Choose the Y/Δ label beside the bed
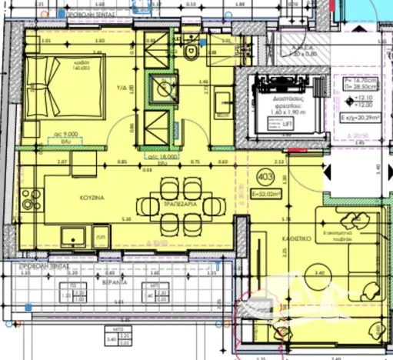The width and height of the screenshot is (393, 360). (x=120, y=87)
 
